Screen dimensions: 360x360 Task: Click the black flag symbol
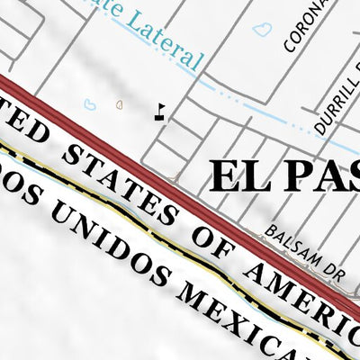point(160,112)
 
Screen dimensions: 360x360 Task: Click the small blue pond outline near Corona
point(263,30)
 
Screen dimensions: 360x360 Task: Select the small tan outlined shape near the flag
point(121,103)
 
